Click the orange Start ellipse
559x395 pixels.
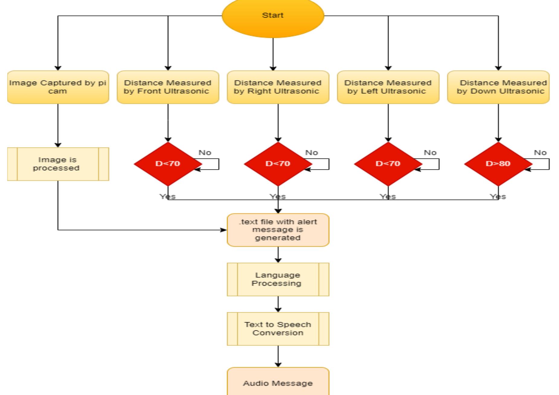(273, 17)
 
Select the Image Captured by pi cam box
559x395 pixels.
(58, 87)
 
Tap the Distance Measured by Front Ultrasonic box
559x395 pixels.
(168, 87)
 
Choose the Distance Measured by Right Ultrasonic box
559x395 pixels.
(278, 87)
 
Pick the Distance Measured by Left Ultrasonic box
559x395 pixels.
(388, 87)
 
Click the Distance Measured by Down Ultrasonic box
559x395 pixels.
(498, 87)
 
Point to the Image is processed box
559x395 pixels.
(58, 164)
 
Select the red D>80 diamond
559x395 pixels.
(498, 164)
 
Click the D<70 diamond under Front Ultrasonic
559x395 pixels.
(168, 164)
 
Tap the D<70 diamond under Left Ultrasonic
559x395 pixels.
(388, 164)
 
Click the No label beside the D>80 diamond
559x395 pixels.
(540, 153)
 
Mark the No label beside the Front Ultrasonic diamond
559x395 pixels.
(205, 153)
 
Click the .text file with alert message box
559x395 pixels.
(278, 230)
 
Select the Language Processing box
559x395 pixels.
(278, 279)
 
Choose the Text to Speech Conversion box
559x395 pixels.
(278, 329)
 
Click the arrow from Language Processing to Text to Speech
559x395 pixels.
(278, 304)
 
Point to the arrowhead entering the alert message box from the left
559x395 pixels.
(224, 230)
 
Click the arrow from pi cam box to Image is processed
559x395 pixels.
(58, 125)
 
